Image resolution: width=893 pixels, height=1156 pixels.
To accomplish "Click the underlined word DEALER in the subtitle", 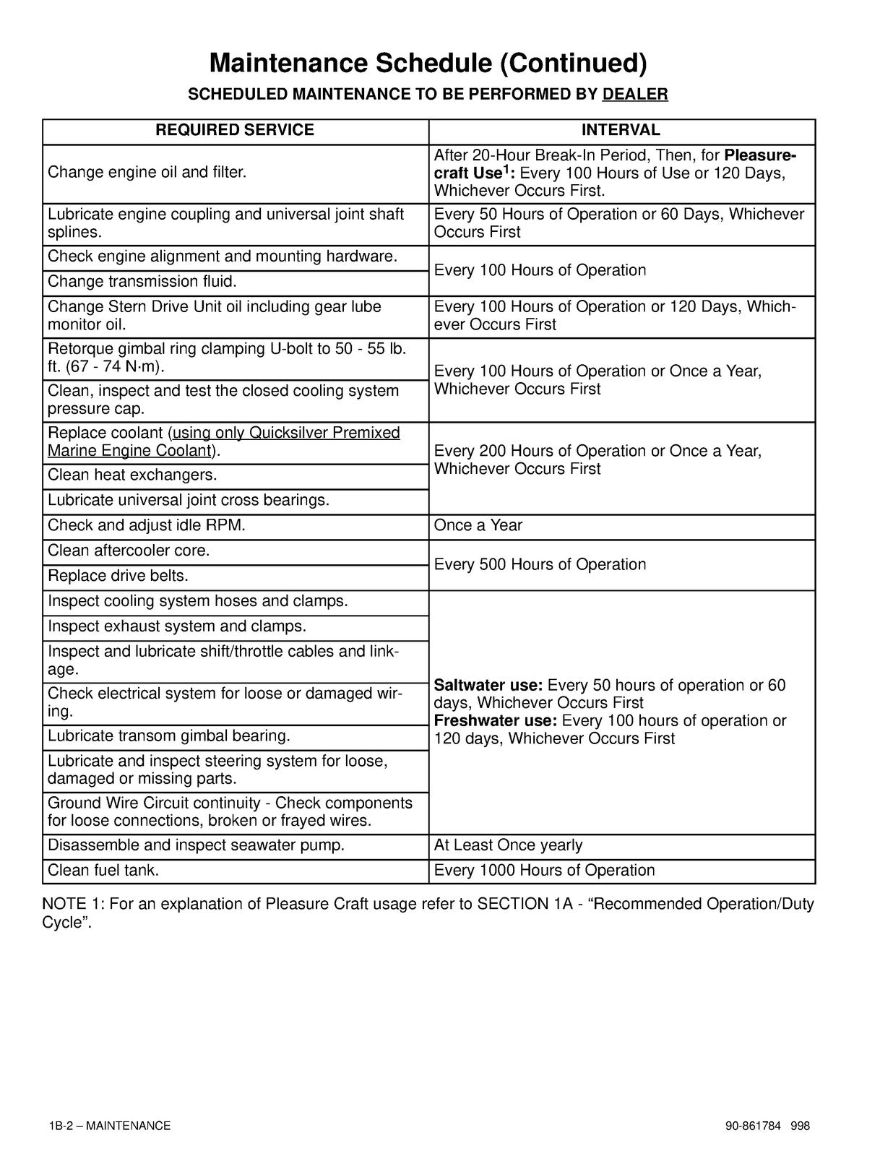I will point(634,94).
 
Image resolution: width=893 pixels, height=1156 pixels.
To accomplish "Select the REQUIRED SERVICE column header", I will point(235,130).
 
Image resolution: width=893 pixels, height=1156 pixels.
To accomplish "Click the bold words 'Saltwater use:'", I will point(488,685).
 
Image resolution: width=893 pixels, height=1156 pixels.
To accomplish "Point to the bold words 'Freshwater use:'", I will point(495,720).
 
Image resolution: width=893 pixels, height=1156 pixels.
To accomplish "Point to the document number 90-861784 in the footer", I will point(754,1126).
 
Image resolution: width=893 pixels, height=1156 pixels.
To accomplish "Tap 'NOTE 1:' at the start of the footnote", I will point(73,905).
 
